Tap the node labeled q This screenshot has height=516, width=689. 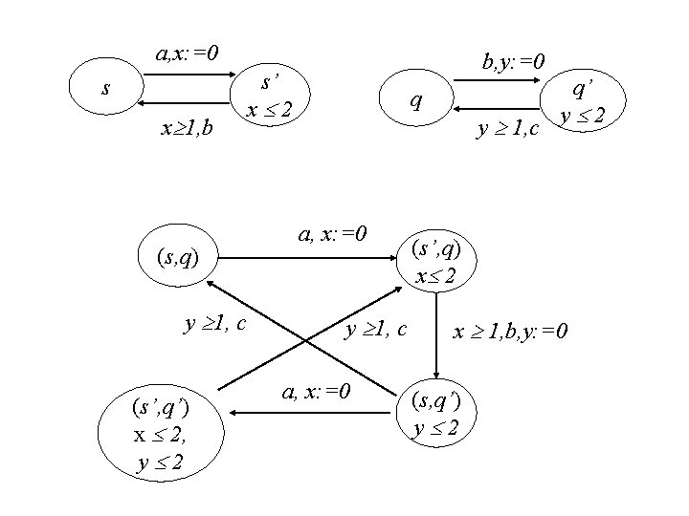point(412,99)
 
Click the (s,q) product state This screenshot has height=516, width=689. point(176,255)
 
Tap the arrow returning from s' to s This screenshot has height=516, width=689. point(188,101)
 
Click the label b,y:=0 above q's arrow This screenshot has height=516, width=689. point(514,63)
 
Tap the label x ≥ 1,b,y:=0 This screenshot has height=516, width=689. point(511,331)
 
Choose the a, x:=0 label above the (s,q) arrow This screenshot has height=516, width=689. point(334,231)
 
